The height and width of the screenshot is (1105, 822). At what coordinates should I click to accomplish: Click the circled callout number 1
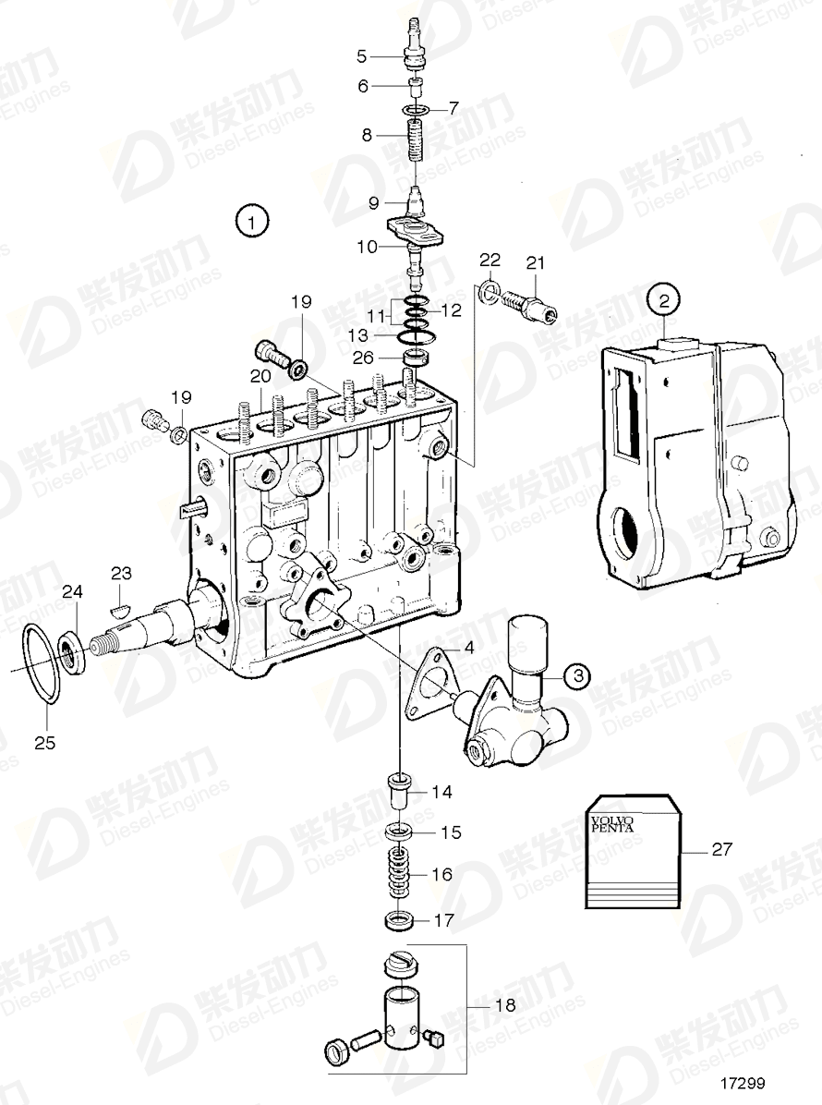[251, 222]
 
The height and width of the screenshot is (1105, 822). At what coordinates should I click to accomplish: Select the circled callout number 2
[664, 299]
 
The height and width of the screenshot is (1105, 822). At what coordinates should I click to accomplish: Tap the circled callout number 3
[575, 676]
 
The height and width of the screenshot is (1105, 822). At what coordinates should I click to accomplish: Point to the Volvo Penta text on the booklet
[612, 821]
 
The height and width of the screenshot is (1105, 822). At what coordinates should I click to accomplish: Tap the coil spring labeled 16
[398, 873]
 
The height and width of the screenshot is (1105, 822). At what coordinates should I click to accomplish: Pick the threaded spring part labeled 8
[417, 141]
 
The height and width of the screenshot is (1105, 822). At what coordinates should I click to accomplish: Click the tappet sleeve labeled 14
[400, 792]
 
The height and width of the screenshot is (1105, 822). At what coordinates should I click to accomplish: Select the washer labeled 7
[416, 112]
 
